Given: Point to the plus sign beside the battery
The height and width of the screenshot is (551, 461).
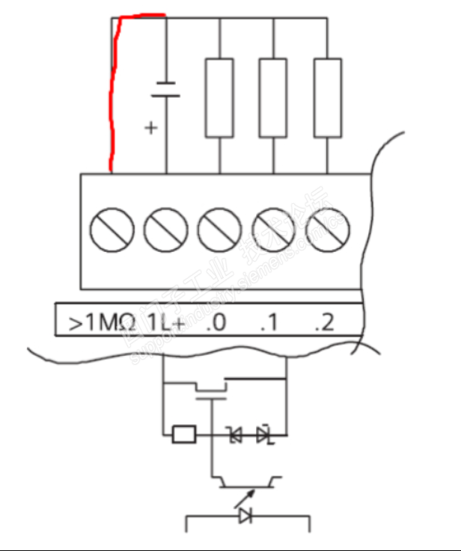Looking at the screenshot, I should [x=151, y=128].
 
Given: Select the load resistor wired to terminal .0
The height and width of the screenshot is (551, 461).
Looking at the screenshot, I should [x=219, y=97].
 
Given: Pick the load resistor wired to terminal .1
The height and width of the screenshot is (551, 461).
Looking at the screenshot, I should [x=274, y=97].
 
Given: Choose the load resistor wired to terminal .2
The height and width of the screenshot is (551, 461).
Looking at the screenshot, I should [x=328, y=97].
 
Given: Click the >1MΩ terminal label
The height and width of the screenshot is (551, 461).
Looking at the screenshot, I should [x=101, y=323].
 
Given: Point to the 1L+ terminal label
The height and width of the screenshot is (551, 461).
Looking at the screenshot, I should [x=164, y=323].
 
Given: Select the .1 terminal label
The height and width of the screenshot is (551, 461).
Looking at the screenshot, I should [x=269, y=323].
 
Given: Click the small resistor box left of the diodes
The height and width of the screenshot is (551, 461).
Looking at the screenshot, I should [x=184, y=434].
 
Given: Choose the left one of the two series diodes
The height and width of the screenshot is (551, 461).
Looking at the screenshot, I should [x=236, y=434].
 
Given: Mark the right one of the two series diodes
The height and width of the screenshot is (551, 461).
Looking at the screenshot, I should [x=263, y=434].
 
